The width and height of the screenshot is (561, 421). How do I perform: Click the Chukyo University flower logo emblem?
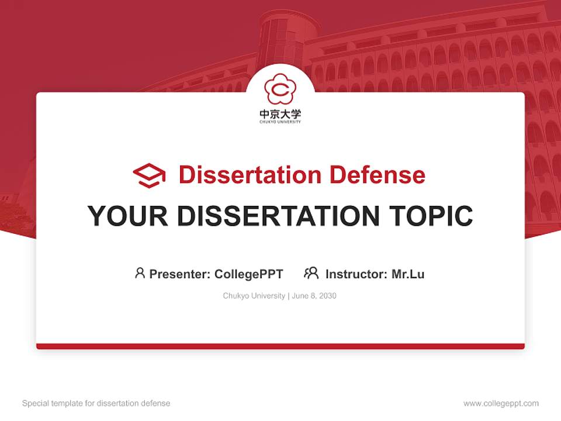280,88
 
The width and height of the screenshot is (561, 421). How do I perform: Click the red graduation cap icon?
149,175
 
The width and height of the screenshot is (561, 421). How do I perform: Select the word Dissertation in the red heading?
250,175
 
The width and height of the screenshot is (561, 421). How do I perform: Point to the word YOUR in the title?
128,216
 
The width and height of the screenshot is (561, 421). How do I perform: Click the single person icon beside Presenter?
140,273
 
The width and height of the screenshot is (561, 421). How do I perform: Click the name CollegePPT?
249,274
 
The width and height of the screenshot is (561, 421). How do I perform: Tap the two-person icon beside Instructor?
311,273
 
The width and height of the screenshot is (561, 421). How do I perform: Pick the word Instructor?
356,274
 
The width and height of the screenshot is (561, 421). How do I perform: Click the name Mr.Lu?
408,274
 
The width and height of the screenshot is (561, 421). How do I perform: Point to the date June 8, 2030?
314,296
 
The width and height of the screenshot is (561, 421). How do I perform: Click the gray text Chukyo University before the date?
254,296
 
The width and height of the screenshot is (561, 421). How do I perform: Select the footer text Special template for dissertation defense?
96,403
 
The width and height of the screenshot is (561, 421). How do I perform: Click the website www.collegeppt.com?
501,403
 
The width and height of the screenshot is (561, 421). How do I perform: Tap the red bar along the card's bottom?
280,346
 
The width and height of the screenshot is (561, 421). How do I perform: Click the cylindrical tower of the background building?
280,38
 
